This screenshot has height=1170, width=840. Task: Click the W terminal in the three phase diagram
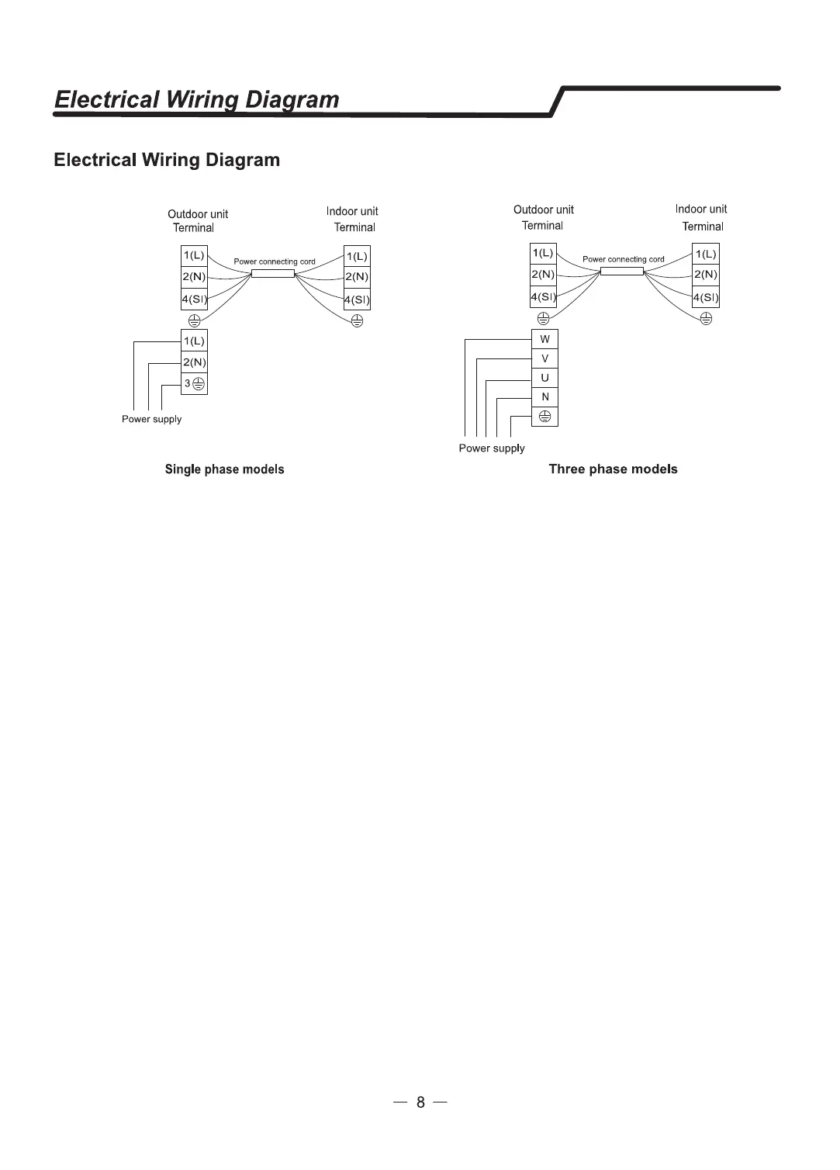(x=544, y=339)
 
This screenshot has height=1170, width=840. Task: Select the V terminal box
(x=544, y=358)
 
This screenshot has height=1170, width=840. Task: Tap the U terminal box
(x=544, y=378)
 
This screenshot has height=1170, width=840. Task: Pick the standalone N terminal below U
(x=544, y=397)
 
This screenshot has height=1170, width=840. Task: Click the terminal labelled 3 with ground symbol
(x=194, y=383)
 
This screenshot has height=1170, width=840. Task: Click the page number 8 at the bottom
(x=420, y=1102)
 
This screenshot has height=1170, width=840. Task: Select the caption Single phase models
(x=224, y=469)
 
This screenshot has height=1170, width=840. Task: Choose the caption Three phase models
(x=613, y=469)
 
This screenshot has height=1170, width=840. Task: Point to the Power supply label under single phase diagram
(x=151, y=419)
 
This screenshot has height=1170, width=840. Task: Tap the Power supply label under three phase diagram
(x=491, y=448)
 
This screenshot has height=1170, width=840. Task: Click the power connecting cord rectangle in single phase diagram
(x=273, y=273)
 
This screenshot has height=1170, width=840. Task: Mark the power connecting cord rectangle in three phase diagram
(x=622, y=271)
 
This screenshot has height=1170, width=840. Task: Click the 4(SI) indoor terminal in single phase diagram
(x=357, y=299)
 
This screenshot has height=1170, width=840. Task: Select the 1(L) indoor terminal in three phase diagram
(x=706, y=254)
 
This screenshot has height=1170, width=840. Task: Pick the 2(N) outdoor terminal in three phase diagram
(x=543, y=274)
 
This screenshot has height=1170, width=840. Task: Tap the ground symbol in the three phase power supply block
(x=544, y=417)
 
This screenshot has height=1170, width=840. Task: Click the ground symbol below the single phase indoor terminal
(x=357, y=320)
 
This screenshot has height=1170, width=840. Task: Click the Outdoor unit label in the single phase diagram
(x=198, y=214)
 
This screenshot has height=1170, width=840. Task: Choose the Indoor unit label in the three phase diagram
(x=701, y=209)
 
